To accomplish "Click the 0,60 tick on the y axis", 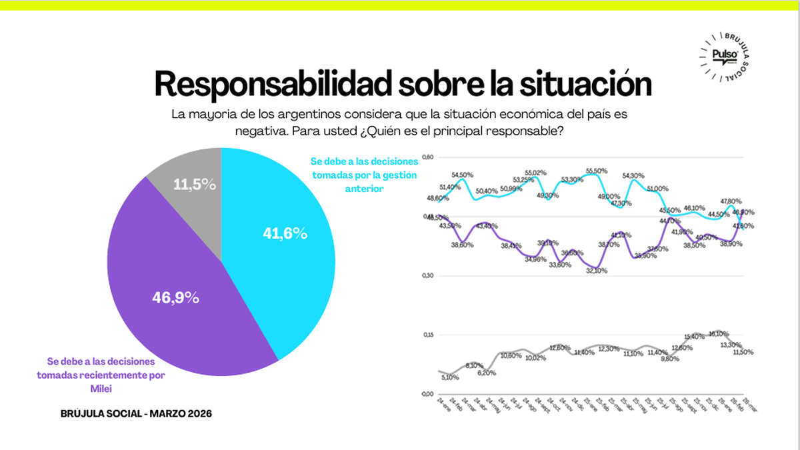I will coord(428,157).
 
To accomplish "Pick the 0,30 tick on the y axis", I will coord(428,275).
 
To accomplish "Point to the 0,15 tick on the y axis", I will coord(428,335).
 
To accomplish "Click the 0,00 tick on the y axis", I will coord(428,393).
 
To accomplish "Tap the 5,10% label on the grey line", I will coord(451,377).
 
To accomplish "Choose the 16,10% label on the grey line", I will coord(720,333).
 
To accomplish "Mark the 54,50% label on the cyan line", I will coord(462,175).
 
